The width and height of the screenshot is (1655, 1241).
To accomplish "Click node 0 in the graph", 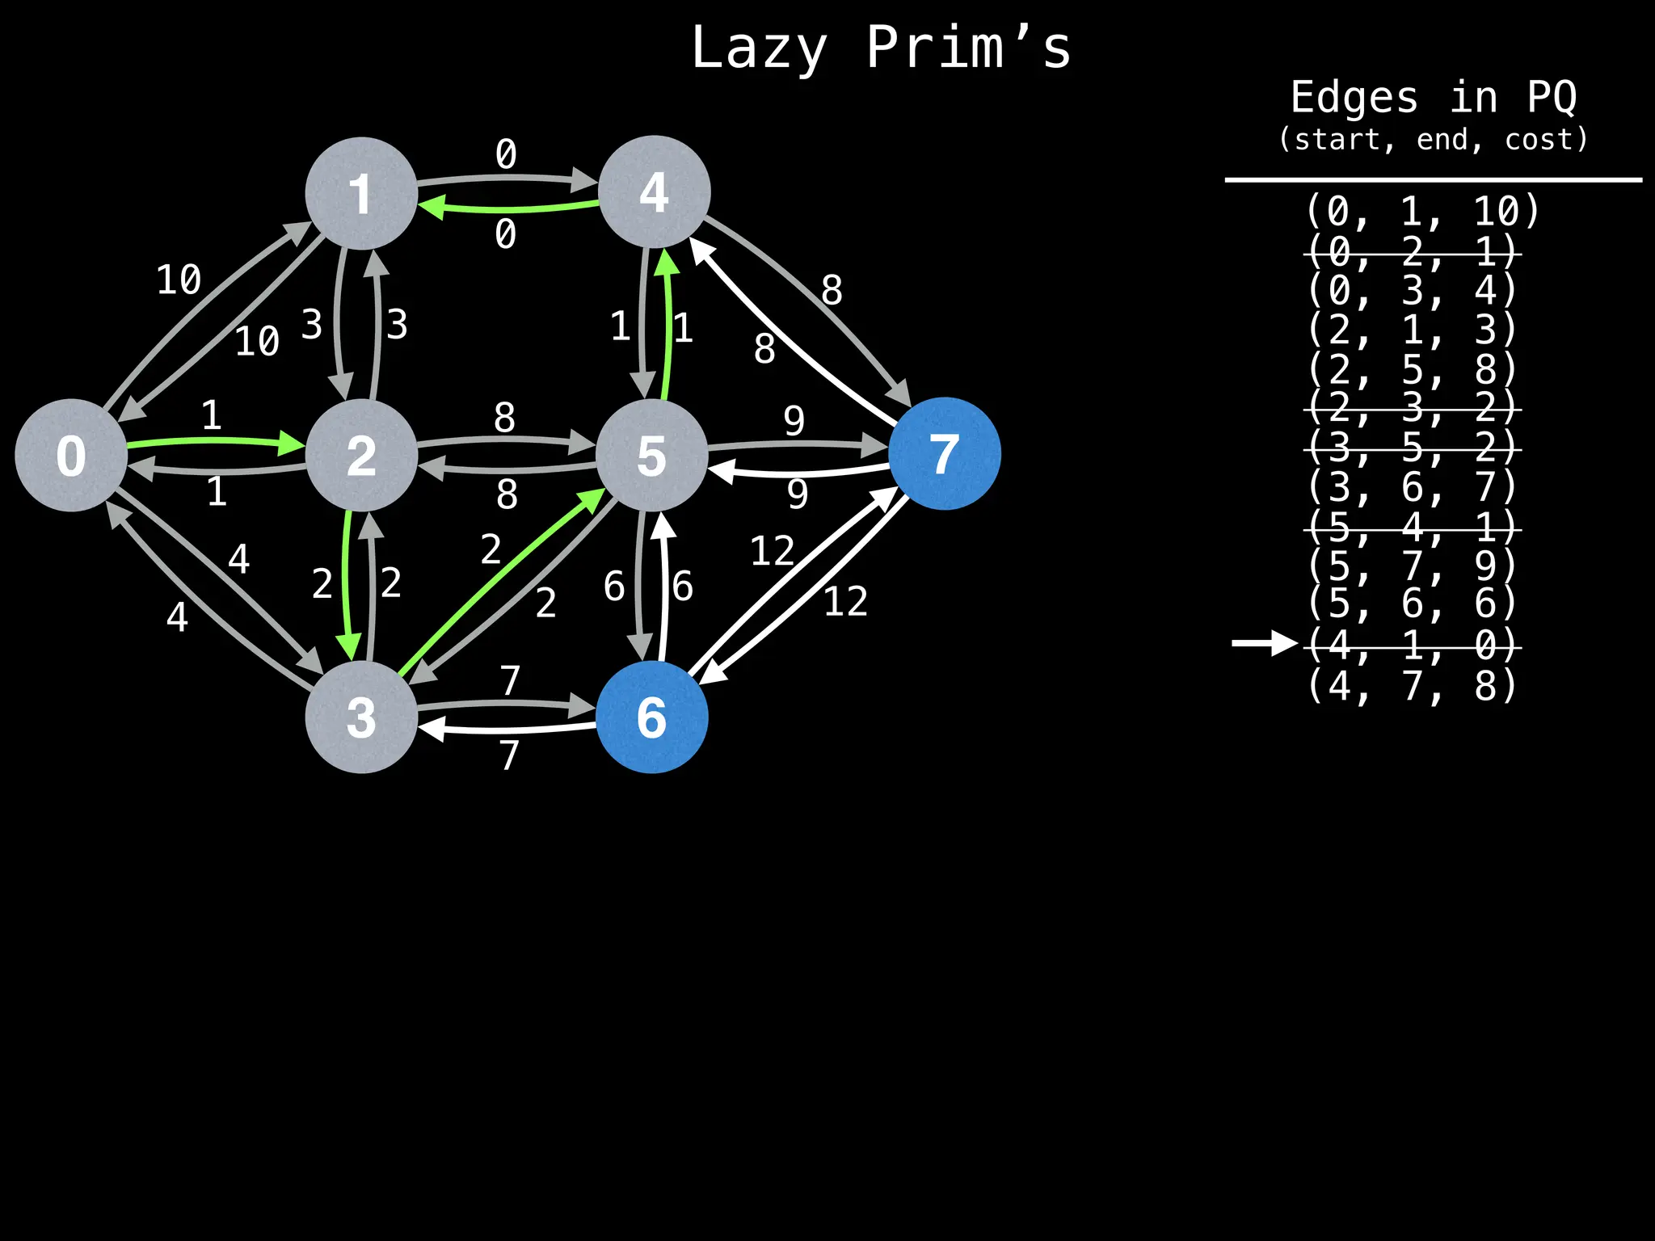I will [71, 455].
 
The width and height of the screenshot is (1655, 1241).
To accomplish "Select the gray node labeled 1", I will [361, 193].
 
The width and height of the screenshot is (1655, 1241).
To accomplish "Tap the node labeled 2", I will [361, 455].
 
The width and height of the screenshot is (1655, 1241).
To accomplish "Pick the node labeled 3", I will [361, 717].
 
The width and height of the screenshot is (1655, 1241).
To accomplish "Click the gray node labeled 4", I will [654, 192].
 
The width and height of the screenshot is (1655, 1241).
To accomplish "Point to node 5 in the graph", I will [652, 455].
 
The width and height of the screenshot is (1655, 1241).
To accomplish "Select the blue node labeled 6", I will [652, 717].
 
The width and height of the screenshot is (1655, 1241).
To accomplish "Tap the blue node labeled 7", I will [944, 453].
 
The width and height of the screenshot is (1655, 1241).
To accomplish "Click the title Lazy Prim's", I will [881, 48].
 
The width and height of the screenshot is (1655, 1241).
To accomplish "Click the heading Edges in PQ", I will [1433, 98].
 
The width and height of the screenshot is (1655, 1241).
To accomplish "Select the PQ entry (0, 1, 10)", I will [1422, 212].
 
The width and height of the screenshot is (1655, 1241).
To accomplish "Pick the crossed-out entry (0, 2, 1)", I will [1412, 252].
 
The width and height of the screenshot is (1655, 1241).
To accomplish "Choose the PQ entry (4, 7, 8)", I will [1412, 685].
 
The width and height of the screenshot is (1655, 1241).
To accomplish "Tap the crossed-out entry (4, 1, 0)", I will [1412, 645].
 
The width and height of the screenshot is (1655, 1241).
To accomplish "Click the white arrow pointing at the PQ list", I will [1264, 643].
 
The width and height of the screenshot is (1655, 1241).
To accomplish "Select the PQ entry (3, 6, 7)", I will [1412, 487].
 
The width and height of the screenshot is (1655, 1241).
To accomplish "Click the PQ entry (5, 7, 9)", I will [1412, 566].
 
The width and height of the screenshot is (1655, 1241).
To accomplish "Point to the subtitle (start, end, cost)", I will [1433, 140].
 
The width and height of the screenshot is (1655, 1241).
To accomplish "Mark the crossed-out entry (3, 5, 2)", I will [1412, 448].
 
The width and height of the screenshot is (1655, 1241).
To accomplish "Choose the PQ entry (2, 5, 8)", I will [1412, 369].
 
